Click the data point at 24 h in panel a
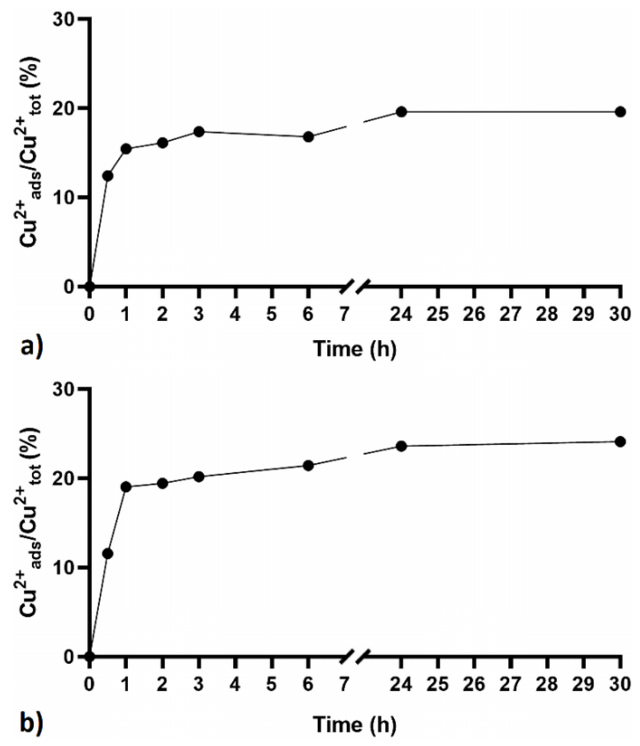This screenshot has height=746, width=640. click(x=402, y=112)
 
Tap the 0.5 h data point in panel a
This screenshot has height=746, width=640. click(x=108, y=176)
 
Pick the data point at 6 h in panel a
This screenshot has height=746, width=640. click(x=308, y=137)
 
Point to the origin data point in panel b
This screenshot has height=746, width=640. click(x=90, y=656)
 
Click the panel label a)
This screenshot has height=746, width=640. click(x=32, y=348)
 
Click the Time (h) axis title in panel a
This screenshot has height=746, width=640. click(x=355, y=348)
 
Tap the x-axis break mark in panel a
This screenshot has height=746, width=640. click(x=355, y=286)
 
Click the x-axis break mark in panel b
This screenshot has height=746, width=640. click(x=355, y=656)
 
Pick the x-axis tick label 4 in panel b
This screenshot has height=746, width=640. click(x=235, y=685)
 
